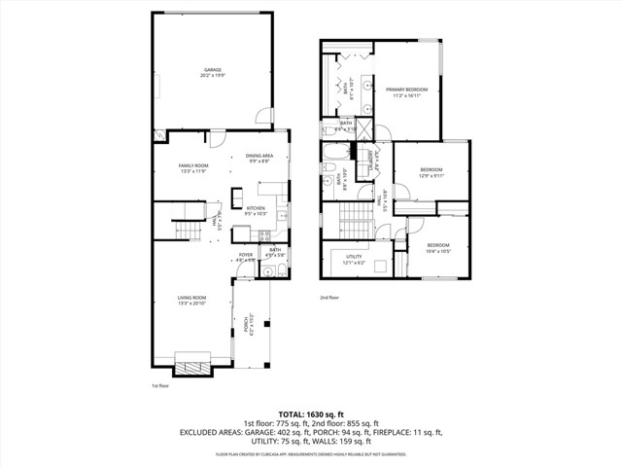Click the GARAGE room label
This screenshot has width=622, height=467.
[213, 70]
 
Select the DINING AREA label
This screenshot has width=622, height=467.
[259, 156]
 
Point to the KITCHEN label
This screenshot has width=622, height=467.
[256, 208]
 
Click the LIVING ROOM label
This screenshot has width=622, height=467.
[190, 298]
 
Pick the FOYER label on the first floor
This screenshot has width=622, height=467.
[245, 255]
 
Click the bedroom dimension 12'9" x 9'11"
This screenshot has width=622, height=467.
[431, 176]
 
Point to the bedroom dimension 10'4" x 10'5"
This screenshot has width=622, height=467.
[438, 251]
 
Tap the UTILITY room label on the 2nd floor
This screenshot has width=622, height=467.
[353, 257]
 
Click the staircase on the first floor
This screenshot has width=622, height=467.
[186, 229]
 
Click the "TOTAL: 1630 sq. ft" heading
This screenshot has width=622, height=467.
[310, 413]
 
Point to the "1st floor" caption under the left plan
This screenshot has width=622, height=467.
[160, 386]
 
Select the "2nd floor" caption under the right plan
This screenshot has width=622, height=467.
[329, 297]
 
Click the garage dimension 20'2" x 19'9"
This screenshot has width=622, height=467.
[213, 75]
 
